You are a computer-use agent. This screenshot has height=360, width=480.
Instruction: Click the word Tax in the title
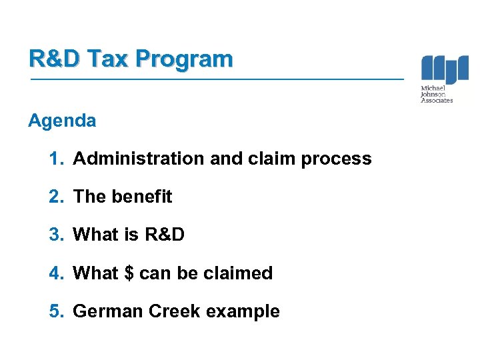coord(110,59)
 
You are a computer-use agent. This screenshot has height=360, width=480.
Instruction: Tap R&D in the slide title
coord(56,59)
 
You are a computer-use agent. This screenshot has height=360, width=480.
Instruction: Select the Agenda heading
coord(62,121)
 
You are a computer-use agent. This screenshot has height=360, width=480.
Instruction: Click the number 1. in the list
coord(57,159)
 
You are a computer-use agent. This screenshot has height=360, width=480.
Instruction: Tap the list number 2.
coord(57,197)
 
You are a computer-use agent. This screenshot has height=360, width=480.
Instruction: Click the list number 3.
coord(57,235)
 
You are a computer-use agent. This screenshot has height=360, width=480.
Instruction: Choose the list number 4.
coord(57,273)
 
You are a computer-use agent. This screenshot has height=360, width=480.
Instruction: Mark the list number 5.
coord(57,311)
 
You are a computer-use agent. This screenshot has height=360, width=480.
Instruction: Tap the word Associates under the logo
coord(437,101)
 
